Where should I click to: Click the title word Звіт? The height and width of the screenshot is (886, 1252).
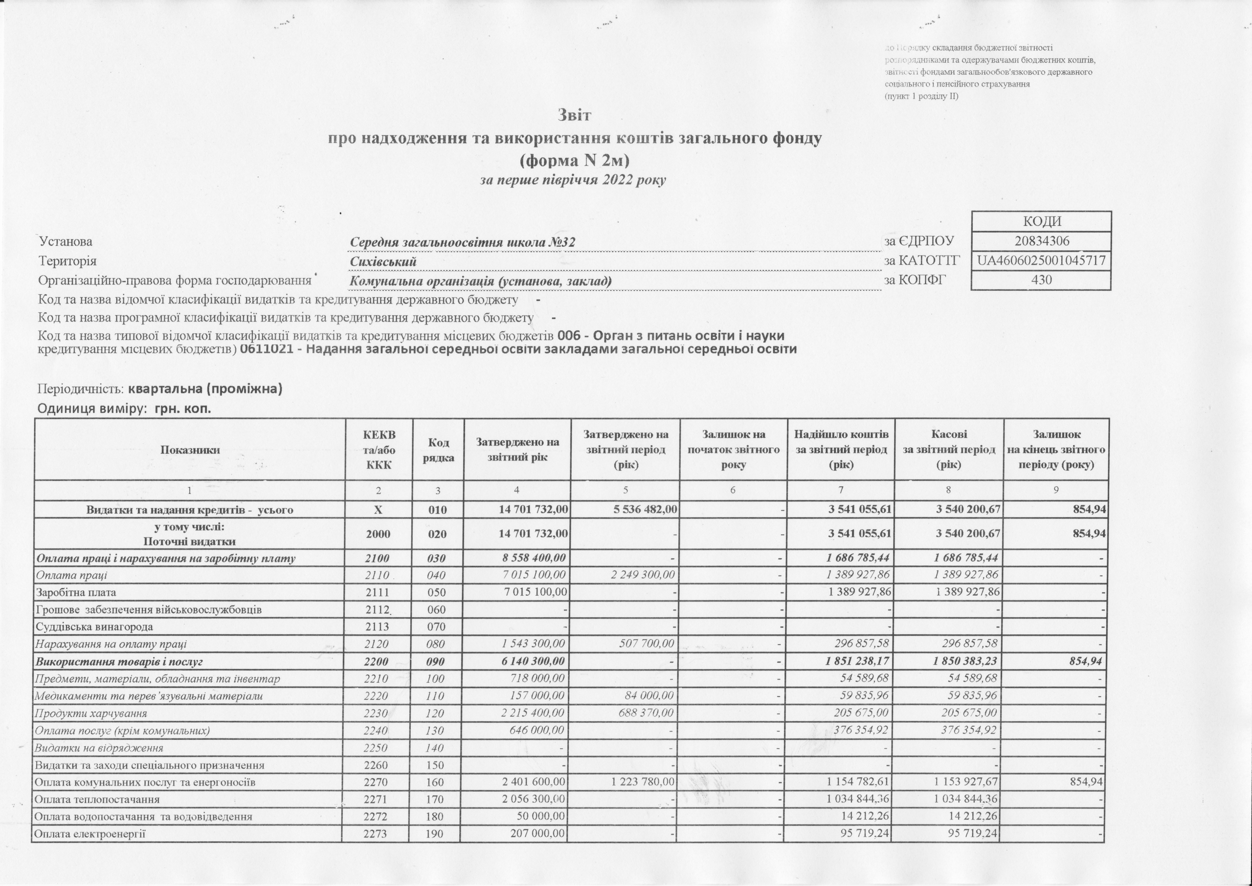[574, 116]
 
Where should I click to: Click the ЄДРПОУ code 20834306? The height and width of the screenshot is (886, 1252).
[1041, 241]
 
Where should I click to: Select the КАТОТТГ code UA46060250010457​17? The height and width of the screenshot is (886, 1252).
[1041, 261]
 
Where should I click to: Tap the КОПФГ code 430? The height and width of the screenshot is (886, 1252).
[1041, 281]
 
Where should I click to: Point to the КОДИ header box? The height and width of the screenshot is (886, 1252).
[1041, 221]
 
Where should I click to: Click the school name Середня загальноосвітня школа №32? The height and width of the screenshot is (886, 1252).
[462, 242]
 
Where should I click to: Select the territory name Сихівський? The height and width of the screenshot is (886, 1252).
[383, 262]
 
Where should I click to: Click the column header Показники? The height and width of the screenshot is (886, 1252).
[190, 450]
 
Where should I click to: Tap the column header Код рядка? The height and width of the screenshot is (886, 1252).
[439, 450]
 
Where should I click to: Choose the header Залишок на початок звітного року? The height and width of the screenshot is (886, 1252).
[733, 450]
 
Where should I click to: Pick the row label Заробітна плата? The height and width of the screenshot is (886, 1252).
[75, 592]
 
